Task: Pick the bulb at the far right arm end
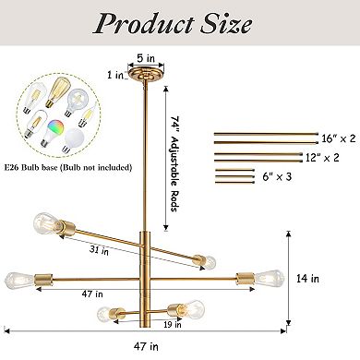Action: tap(268, 275)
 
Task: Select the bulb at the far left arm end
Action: tap(17, 276)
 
